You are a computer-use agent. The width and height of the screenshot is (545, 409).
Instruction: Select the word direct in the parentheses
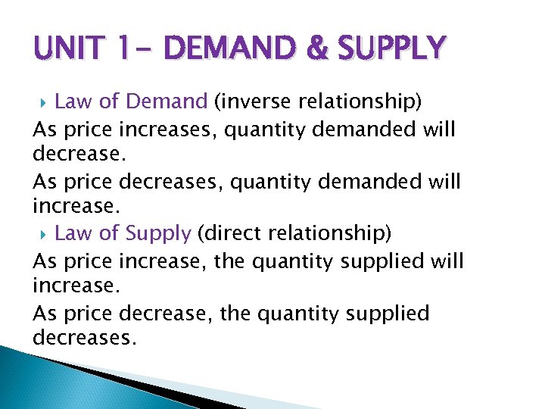click(229, 233)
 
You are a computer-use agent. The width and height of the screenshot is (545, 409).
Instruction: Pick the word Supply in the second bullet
click(158, 233)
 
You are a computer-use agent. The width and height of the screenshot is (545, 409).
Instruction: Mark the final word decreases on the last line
click(84, 337)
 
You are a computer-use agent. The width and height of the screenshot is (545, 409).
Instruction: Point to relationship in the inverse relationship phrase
click(345, 101)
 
